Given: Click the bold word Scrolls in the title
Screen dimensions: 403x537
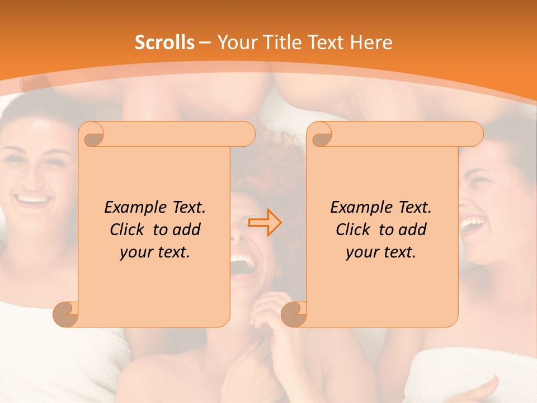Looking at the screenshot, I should (165, 43).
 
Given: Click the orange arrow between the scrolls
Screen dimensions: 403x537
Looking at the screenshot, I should (265, 223).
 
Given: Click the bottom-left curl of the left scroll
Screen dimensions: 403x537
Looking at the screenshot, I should (65, 313).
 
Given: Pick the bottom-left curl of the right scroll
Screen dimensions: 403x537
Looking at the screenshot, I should (294, 313).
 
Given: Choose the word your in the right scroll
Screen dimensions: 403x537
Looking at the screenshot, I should (360, 252).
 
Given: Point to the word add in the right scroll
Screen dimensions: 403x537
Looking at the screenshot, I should (413, 229).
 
